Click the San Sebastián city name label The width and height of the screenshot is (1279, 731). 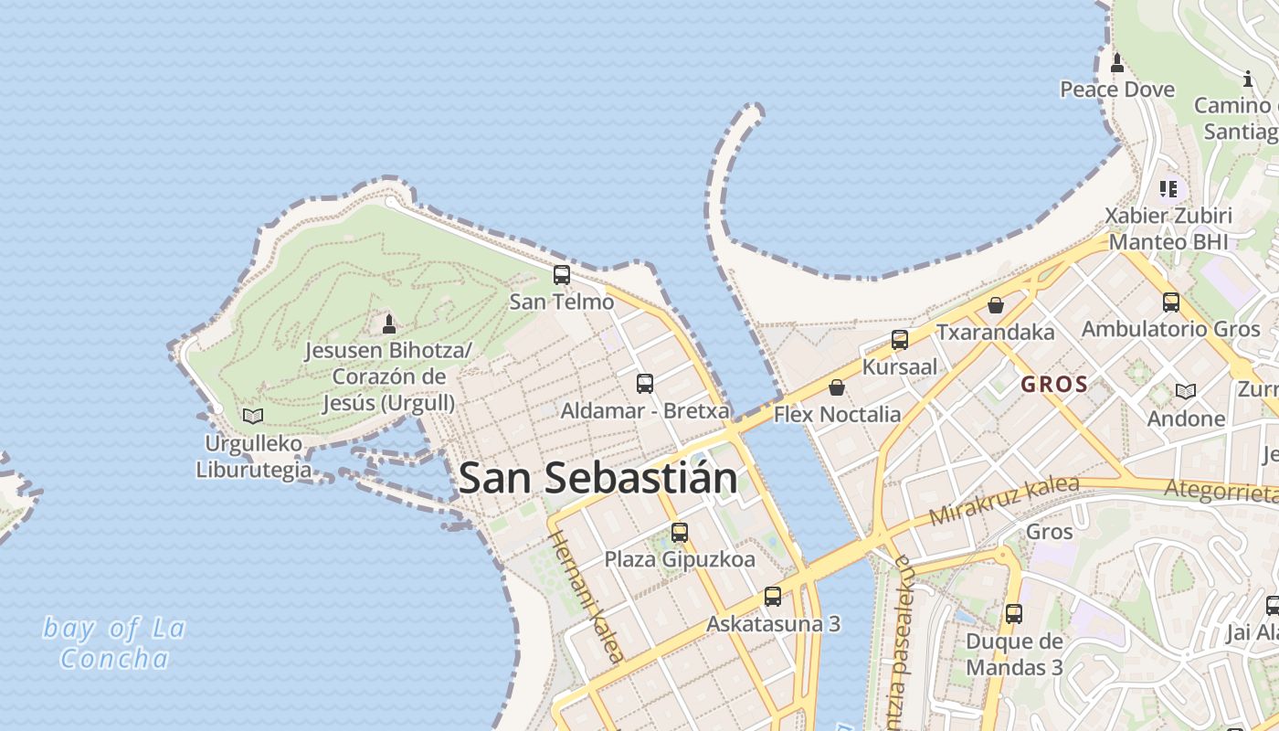597,478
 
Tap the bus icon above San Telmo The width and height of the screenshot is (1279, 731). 562,274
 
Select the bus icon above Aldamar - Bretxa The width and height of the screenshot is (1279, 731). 645,384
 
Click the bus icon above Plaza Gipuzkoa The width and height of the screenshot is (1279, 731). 680,533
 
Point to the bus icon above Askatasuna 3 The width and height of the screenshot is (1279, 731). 773,597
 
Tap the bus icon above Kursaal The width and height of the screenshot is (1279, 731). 900,340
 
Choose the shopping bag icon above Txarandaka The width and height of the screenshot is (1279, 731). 996,305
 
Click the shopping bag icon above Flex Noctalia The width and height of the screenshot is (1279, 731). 837,387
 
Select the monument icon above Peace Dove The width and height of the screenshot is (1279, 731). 1116,63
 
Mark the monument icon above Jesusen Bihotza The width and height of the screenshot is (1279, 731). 389,323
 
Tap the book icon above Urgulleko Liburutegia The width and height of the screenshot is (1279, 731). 253,417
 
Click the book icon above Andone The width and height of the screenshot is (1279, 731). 1186,392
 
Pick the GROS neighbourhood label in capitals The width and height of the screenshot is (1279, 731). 1054,385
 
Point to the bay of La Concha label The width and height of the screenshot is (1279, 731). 115,643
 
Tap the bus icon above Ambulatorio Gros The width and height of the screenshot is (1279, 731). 1171,302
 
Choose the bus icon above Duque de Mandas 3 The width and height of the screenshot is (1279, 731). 1014,614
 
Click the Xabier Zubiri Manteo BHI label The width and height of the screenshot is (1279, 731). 1168,228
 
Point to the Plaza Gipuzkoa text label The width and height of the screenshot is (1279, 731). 680,559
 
